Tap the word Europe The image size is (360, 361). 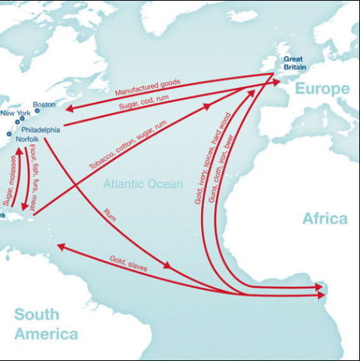click(322, 89)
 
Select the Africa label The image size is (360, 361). click(324, 218)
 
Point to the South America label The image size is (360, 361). click(46, 324)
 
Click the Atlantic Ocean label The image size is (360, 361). click(143, 185)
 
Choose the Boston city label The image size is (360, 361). click(44, 104)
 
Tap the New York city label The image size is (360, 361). click(16, 114)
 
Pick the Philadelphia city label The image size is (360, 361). click(41, 129)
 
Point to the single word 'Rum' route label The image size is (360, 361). click(110, 215)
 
